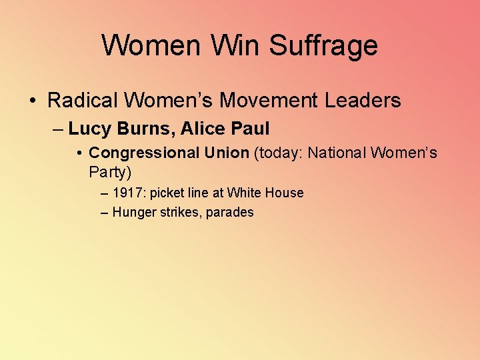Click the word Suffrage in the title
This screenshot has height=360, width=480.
pyautogui.click(x=323, y=45)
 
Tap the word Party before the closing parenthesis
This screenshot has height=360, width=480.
pyautogui.click(x=107, y=173)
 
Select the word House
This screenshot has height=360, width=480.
pyautogui.click(x=285, y=193)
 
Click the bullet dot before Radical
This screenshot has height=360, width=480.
pyautogui.click(x=32, y=101)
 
